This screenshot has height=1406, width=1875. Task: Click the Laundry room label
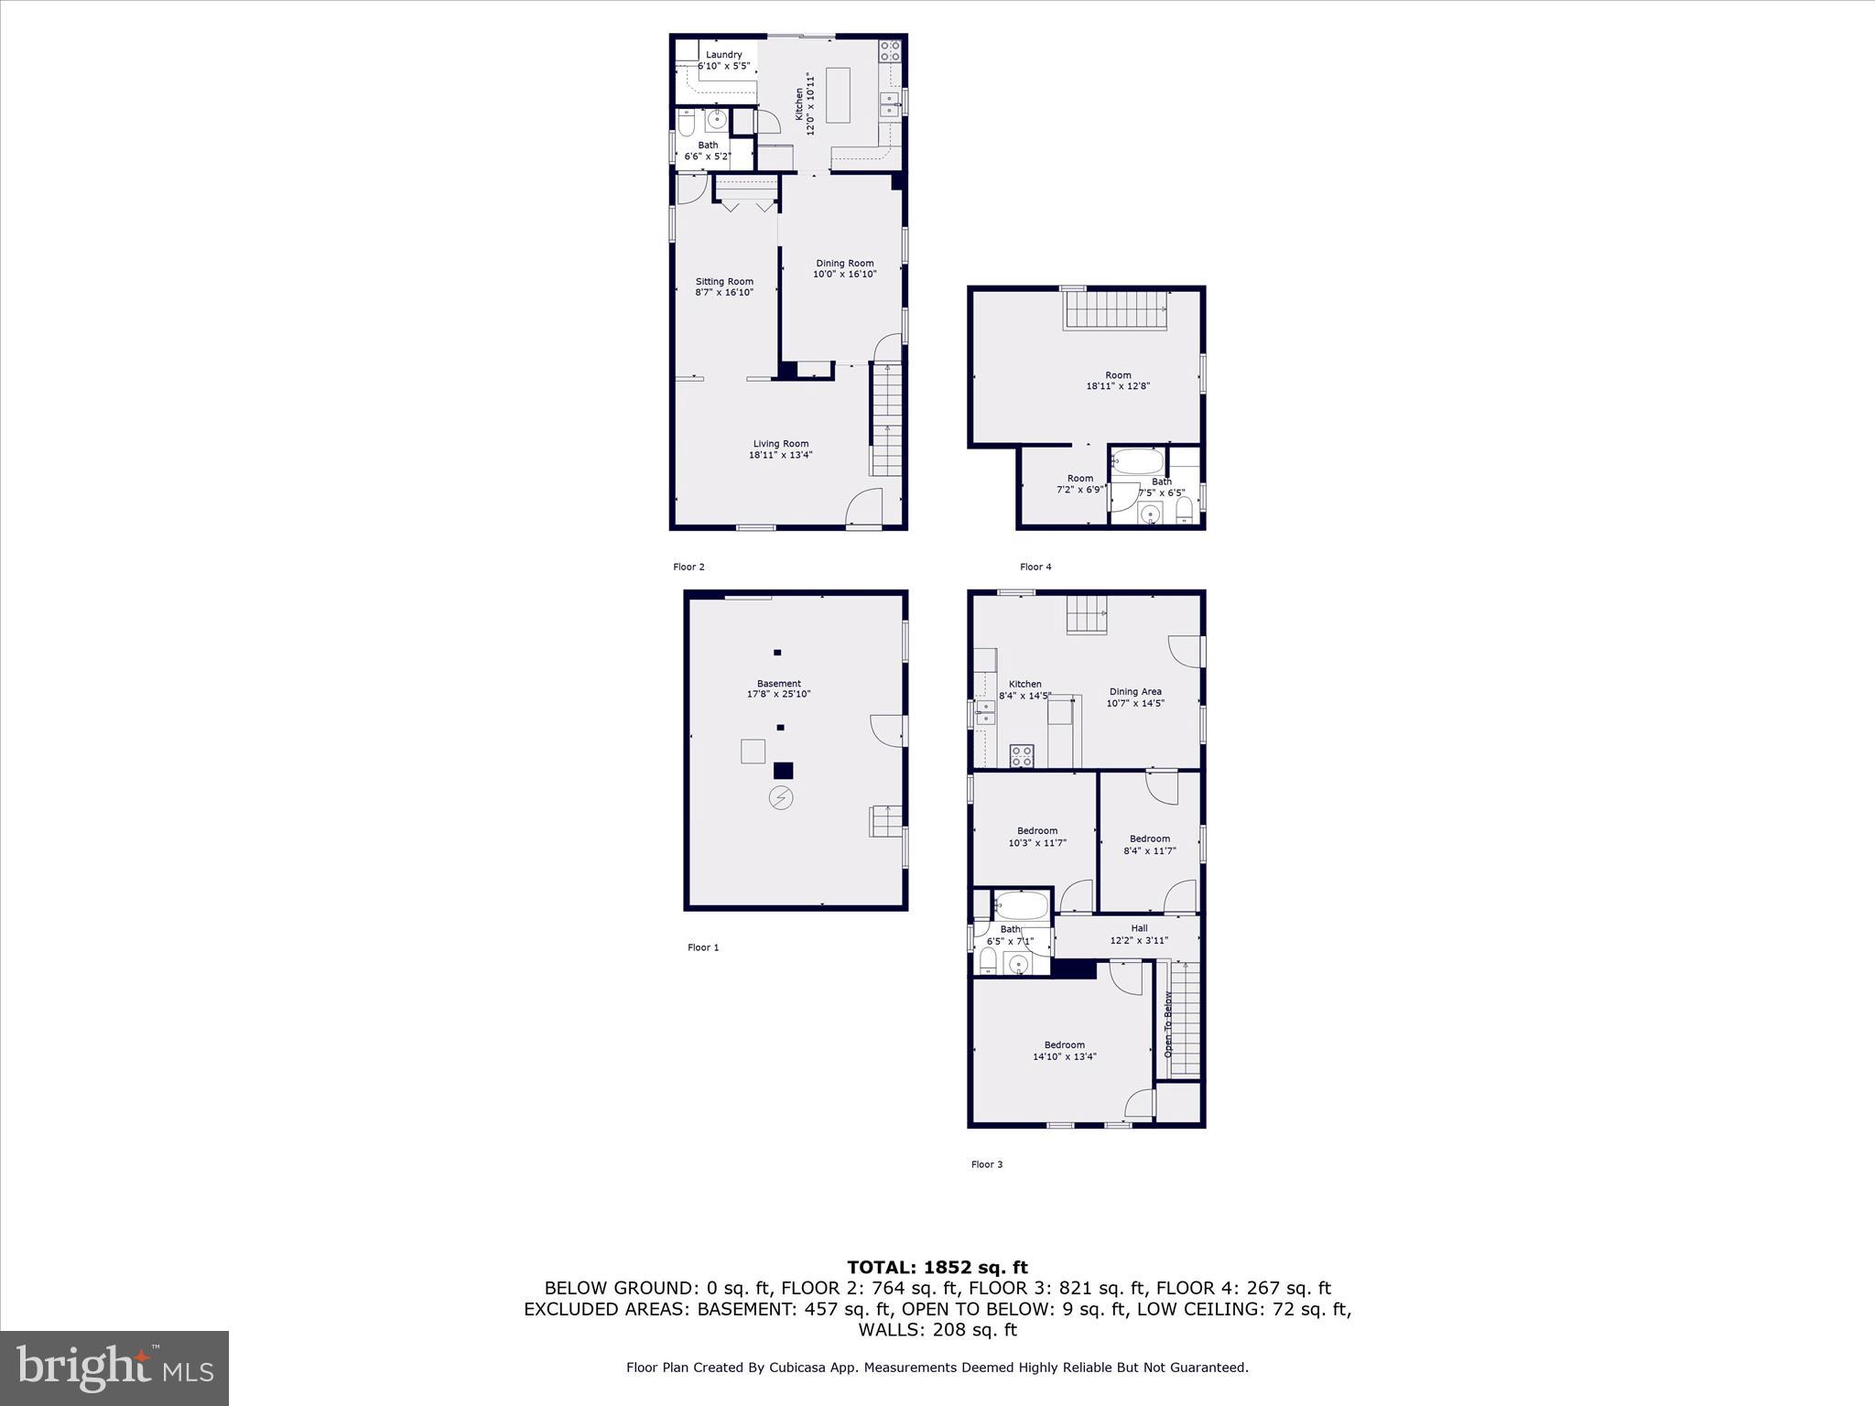723,55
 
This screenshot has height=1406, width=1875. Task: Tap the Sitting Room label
723,282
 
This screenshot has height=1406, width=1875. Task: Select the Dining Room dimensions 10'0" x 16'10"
844,275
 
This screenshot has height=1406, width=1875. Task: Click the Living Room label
780,444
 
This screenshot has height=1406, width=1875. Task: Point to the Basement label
778,684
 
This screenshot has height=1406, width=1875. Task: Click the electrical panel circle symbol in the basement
780,798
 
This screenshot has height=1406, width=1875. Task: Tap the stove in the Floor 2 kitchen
889,51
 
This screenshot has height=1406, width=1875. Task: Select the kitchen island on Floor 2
838,94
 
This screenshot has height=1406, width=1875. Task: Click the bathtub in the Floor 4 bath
1138,461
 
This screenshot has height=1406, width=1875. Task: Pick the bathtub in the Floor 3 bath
1021,906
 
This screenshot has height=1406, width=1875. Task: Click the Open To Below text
1167,1024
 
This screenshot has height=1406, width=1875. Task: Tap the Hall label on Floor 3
1138,928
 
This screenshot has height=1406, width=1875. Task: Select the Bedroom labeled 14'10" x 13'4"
1064,1050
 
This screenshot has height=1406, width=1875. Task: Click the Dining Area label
1135,692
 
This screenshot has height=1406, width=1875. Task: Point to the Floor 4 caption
1035,567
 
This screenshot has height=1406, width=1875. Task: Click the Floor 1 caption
703,947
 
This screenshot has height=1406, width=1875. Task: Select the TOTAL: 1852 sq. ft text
937,1268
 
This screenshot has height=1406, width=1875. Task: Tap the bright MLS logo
114,1368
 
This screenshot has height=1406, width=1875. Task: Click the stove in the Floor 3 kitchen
1021,756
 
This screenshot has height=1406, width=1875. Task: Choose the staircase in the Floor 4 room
1117,309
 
